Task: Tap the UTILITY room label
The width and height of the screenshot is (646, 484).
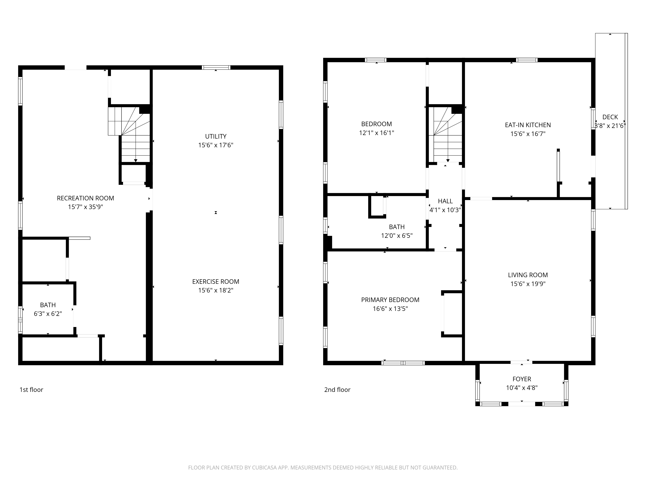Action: coord(216,136)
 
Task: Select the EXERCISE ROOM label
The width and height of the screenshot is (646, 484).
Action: coord(216,282)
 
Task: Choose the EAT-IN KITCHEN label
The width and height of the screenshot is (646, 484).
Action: coord(528,125)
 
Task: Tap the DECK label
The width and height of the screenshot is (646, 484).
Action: coord(610,117)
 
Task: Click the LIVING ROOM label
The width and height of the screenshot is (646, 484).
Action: coord(528,275)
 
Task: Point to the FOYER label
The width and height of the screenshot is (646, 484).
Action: coord(522,379)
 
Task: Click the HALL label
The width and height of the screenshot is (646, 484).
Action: coord(445,201)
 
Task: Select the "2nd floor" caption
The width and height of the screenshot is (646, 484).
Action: coord(337,390)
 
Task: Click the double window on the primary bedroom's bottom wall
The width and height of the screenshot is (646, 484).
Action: coord(403,363)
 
